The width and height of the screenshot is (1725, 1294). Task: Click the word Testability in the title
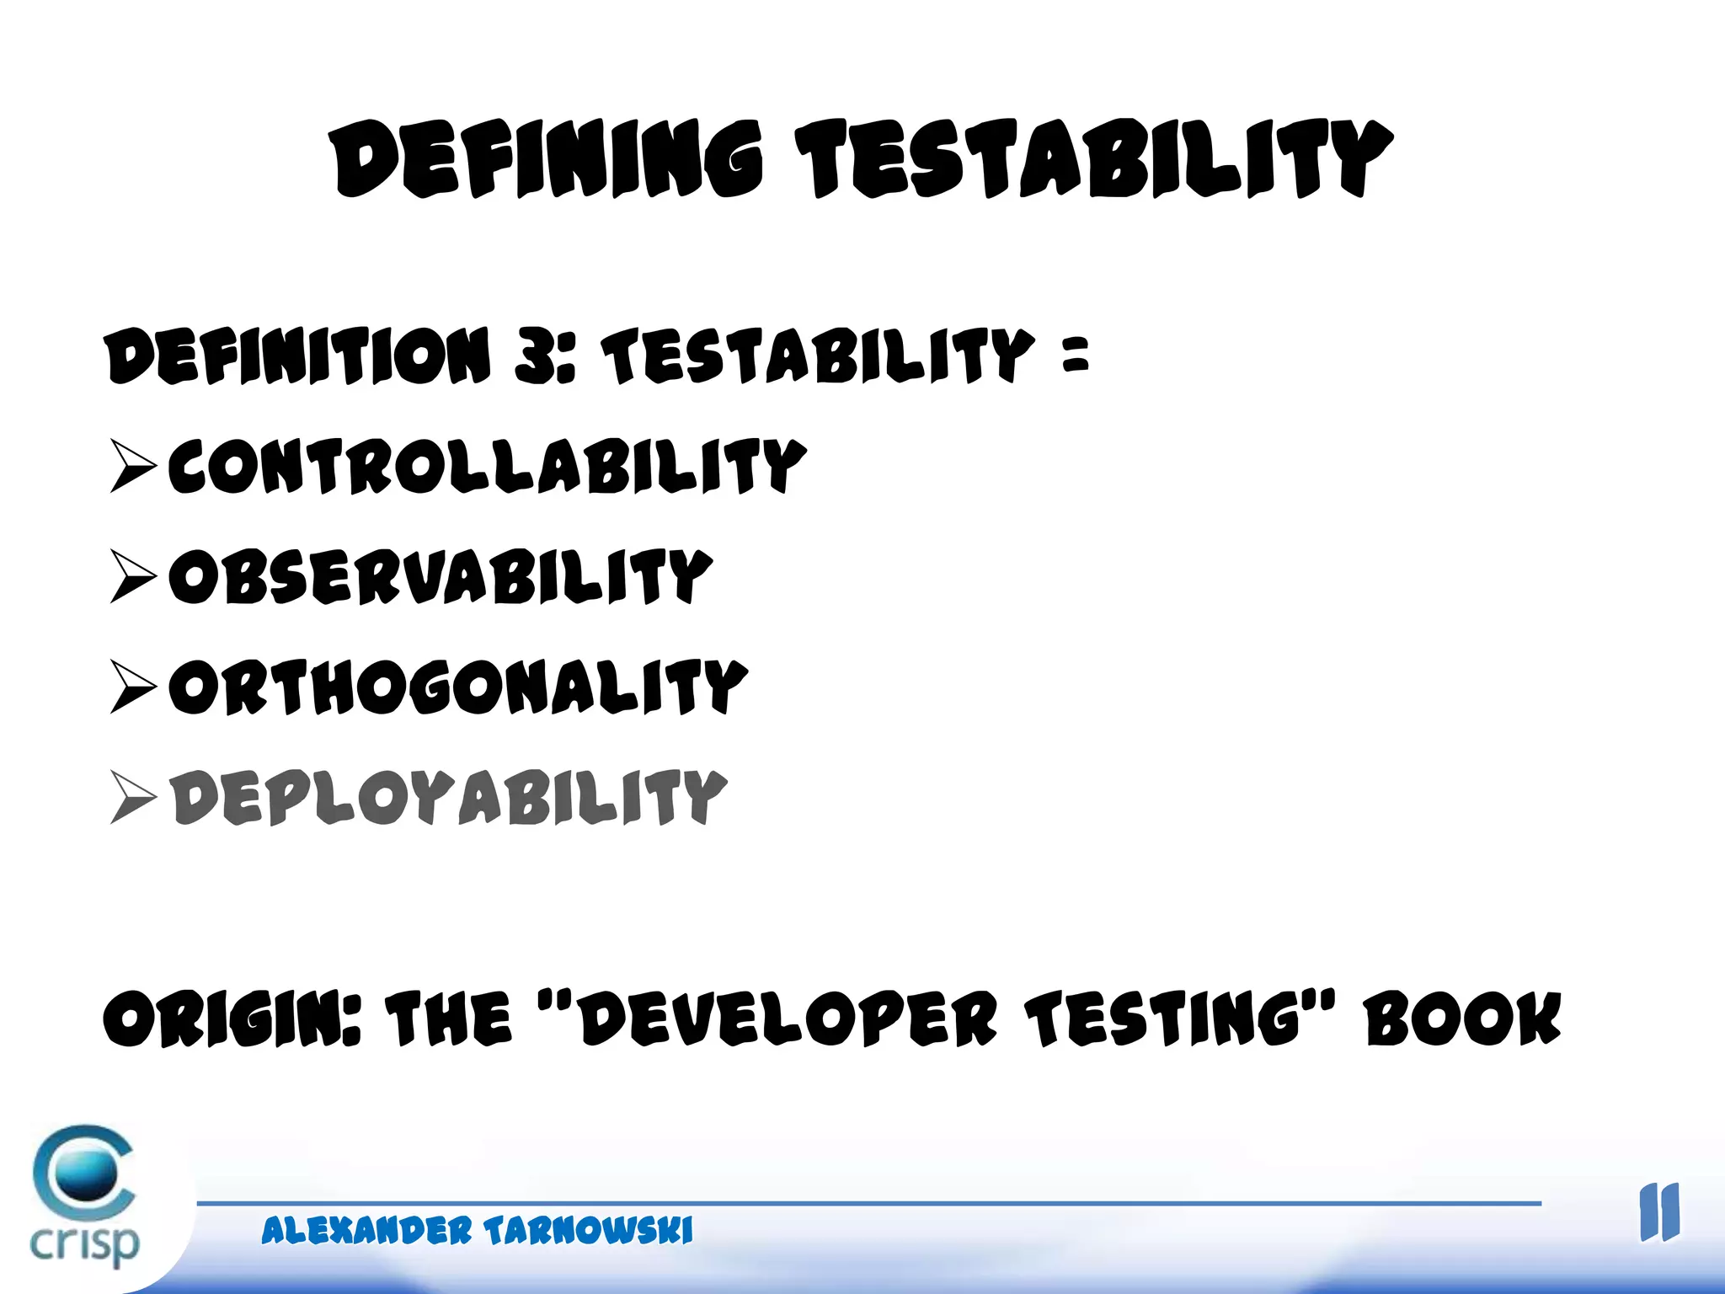[x=1095, y=159]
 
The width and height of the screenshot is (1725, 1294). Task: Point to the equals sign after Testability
[x=1076, y=354]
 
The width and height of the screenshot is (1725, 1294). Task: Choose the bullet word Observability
[x=441, y=576]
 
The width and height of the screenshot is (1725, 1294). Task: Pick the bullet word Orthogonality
[x=457, y=687]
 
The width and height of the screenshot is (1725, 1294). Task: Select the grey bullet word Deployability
[x=448, y=797]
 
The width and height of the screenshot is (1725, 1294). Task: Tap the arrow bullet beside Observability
[x=133, y=576]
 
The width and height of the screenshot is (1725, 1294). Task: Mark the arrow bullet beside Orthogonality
[x=133, y=687]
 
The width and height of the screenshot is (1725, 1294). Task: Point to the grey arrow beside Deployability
[x=133, y=797]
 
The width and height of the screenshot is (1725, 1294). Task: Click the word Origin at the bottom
[x=232, y=1019]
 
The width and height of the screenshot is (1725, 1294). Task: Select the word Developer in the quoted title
[x=788, y=1019]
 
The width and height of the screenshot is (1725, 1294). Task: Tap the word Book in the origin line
[x=1463, y=1019]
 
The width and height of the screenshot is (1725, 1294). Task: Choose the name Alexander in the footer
[x=366, y=1231]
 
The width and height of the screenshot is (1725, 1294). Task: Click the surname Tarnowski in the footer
[x=588, y=1231]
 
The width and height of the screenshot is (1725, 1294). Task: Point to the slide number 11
[x=1659, y=1213]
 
